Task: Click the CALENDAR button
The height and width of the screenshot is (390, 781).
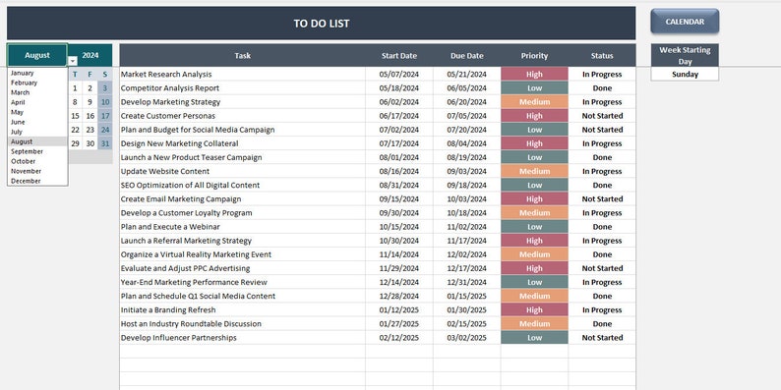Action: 685,22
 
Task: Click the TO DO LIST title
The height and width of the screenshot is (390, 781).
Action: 321,24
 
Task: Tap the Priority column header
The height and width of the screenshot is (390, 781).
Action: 534,56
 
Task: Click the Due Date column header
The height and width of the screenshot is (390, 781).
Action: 466,56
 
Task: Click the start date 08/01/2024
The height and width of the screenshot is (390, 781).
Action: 398,157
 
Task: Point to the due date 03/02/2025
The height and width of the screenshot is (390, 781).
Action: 466,338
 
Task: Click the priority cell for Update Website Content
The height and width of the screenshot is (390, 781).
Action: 534,171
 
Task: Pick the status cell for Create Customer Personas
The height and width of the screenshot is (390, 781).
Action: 602,115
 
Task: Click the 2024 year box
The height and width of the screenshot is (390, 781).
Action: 90,56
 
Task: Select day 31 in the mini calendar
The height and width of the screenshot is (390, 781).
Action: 105,143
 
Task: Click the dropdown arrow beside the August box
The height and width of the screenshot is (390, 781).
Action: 73,61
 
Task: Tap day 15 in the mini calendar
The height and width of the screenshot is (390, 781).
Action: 76,116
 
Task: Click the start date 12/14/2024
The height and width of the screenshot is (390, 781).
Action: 398,282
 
